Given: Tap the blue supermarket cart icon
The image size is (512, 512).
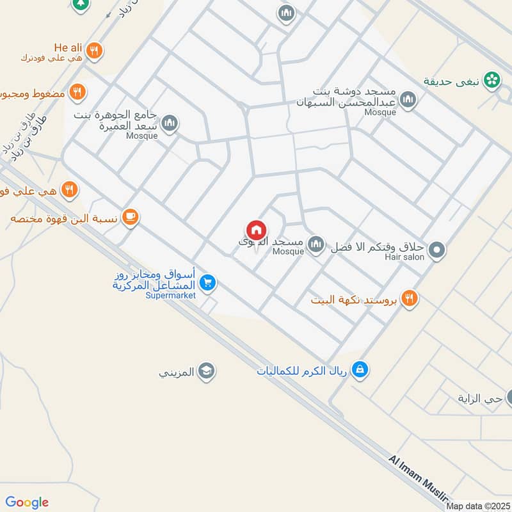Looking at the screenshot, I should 207,282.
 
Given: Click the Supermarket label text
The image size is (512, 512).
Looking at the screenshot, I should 170,296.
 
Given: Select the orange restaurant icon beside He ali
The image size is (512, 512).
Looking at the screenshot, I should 94,50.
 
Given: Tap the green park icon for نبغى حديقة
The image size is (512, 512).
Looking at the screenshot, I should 492,79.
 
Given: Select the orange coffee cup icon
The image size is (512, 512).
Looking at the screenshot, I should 130,218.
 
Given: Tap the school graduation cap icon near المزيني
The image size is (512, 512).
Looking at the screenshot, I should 206,371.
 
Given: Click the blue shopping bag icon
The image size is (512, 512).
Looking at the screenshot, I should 360,369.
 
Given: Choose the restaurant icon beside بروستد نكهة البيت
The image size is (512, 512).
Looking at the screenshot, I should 410,298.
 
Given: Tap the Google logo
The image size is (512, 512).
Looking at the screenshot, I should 27,502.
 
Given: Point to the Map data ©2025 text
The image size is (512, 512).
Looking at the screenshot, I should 477,506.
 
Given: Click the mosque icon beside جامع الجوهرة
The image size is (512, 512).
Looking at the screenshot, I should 170,122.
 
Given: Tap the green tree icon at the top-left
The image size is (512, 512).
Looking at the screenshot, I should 80,4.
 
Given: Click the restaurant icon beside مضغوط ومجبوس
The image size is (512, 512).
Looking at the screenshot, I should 77,92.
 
